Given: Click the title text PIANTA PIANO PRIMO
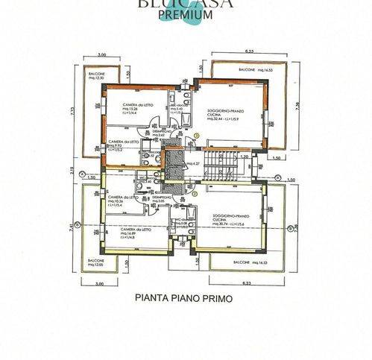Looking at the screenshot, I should click(184, 297).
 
